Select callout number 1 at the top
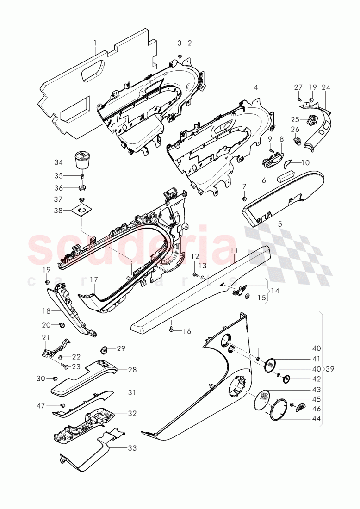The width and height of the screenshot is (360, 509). click(x=95, y=44)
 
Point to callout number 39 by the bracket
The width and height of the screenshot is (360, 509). click(x=329, y=369)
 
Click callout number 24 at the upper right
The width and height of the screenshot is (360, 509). click(x=326, y=87)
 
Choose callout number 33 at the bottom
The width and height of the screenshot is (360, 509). click(x=132, y=448)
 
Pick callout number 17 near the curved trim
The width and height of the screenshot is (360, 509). click(x=94, y=279)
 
